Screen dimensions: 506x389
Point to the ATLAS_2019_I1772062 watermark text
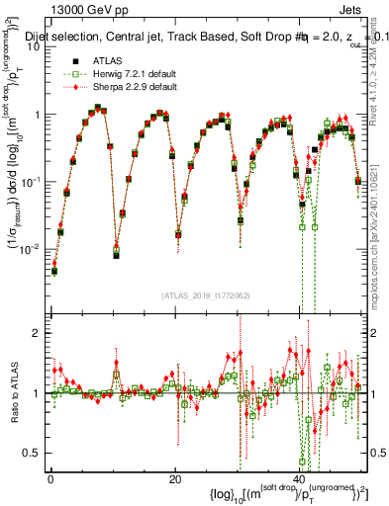pos(207,295)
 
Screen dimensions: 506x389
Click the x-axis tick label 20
pos(175,479)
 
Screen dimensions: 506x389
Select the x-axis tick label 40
pos(300,479)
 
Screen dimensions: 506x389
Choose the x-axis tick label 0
pos(50,479)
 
